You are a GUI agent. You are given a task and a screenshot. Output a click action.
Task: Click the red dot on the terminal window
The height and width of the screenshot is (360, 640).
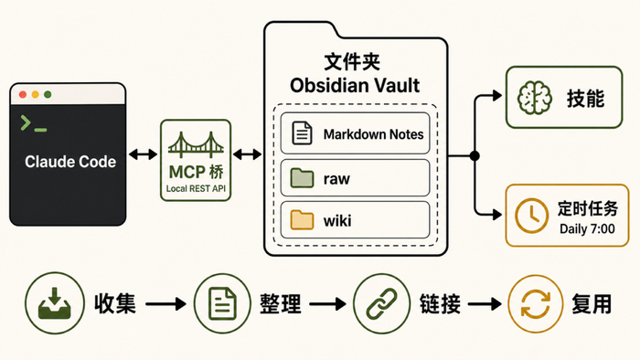click(23, 95)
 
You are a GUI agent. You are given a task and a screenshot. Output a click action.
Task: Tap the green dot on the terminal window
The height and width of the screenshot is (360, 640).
click(48, 95)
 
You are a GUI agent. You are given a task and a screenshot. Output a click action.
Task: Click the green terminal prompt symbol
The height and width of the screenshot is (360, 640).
click(34, 123)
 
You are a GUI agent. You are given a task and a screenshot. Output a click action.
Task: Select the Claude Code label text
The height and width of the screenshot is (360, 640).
click(70, 162)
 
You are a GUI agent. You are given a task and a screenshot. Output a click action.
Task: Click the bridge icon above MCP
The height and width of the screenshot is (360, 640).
click(196, 145)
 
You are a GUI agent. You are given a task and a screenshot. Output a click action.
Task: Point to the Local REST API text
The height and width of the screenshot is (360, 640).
click(196, 189)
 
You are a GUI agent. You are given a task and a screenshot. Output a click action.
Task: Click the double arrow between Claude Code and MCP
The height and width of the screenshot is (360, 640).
click(143, 154)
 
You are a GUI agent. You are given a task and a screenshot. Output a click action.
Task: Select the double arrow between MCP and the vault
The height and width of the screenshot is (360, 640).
click(248, 154)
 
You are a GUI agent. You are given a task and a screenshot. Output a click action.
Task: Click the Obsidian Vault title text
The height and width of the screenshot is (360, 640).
click(355, 86)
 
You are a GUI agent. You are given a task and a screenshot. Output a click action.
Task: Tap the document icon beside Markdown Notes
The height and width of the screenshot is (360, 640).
click(302, 133)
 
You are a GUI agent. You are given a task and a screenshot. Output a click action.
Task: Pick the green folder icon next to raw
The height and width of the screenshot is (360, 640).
click(302, 178)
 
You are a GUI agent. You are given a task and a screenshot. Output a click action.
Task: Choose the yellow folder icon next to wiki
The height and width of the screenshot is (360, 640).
click(302, 220)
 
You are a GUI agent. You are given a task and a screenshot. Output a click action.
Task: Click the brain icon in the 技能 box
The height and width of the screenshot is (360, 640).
click(535, 98)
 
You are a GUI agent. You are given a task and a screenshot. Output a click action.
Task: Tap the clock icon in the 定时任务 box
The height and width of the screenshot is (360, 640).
click(531, 216)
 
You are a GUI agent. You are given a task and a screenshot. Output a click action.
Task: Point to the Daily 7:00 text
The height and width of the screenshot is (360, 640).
click(587, 229)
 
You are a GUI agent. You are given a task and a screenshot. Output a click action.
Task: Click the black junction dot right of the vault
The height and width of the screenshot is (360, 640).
click(475, 155)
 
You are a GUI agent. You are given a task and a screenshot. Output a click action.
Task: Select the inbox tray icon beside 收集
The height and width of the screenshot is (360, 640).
click(55, 303)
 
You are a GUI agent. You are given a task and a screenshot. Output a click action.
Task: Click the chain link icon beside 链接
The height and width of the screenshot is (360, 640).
click(381, 303)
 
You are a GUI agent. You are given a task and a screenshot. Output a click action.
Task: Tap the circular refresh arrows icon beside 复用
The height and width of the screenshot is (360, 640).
click(536, 304)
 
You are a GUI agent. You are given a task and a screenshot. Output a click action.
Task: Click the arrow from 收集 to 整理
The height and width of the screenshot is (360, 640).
click(165, 304)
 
